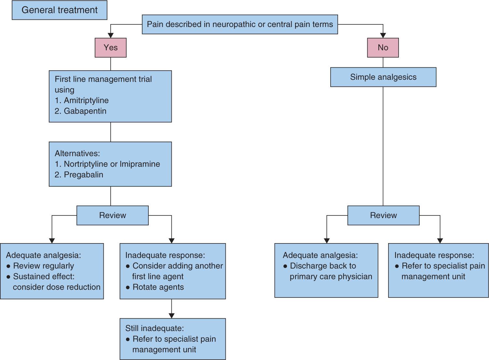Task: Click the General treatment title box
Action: (59, 10)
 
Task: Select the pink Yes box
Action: (111, 48)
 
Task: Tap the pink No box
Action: (383, 48)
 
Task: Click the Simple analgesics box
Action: (383, 77)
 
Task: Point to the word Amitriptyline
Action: (86, 101)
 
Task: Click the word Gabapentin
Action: (85, 111)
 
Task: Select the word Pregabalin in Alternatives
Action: (83, 175)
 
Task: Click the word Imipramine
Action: (140, 164)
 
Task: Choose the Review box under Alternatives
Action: (113, 215)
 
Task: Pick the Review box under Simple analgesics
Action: (383, 215)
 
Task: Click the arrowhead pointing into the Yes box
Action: (111, 35)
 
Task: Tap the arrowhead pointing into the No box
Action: (383, 35)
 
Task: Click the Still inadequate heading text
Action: (155, 328)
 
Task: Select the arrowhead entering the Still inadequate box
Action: (171, 315)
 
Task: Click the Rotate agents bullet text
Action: (158, 287)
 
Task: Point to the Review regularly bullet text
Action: (43, 266)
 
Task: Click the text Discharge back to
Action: (323, 266)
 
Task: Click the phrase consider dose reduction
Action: (57, 287)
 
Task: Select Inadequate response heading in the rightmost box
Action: (434, 255)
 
